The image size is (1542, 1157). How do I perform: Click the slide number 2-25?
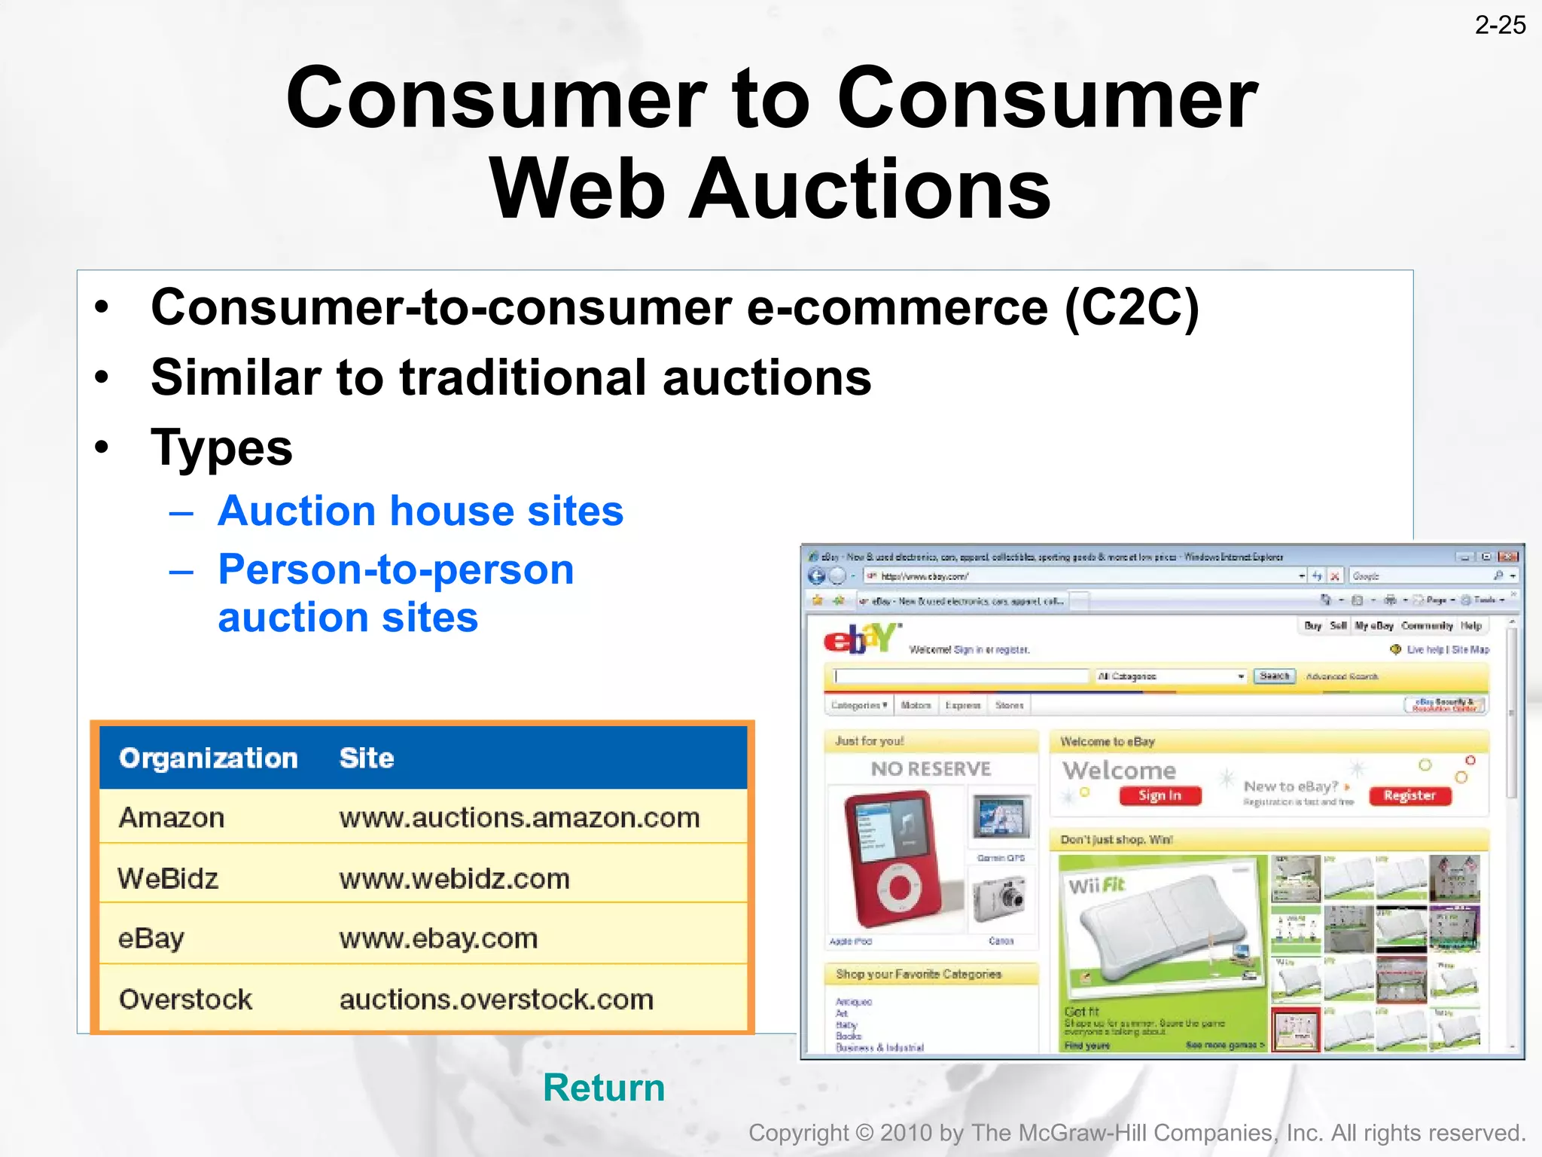(x=1499, y=25)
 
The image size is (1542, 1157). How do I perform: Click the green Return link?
(x=604, y=1087)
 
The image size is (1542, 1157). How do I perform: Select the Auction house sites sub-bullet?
(x=420, y=511)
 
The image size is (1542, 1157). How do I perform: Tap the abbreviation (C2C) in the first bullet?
(x=1131, y=307)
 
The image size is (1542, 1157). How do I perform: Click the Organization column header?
(x=209, y=758)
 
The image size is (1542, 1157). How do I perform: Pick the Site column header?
(x=367, y=758)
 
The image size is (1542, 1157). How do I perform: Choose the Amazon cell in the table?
(x=172, y=817)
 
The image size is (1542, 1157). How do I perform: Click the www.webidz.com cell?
(x=454, y=878)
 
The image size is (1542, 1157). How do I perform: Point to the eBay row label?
(x=151, y=938)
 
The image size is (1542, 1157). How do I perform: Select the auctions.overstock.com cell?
(x=496, y=999)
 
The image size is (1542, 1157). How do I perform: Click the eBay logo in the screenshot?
(x=861, y=639)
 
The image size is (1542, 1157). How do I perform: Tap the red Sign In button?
(x=1160, y=795)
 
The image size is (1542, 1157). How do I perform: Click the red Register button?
(x=1409, y=795)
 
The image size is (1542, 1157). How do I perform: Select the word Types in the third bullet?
(x=221, y=447)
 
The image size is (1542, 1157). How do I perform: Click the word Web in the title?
(x=577, y=188)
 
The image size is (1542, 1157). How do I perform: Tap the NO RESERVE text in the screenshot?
(x=931, y=769)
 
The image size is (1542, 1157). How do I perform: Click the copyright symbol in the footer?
(x=864, y=1133)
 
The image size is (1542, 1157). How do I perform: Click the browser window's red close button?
(x=1508, y=557)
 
